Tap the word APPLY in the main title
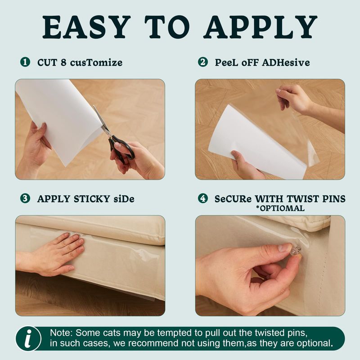[261, 27]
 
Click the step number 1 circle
[25, 62]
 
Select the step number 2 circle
[203, 62]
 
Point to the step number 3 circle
[25, 198]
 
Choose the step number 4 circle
[203, 198]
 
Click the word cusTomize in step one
[96, 63]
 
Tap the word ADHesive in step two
[286, 63]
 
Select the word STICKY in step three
[92, 199]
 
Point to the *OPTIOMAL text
[280, 208]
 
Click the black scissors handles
[121, 148]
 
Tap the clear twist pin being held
[296, 251]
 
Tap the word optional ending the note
[315, 343]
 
